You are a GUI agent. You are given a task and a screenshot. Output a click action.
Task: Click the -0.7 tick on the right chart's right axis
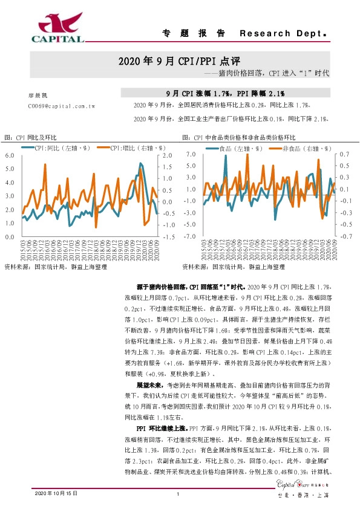point(344,236)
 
